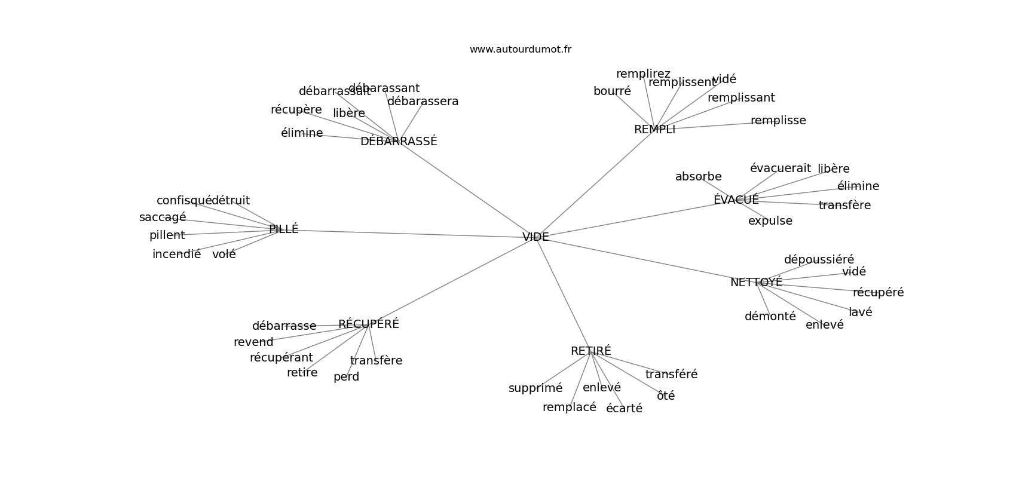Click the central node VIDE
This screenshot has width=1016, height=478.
535,237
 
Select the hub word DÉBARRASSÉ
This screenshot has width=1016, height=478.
399,142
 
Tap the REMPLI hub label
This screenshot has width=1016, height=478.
654,130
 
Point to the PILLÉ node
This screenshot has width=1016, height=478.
283,229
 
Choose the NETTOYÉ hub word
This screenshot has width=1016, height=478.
756,283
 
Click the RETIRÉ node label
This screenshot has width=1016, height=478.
590,351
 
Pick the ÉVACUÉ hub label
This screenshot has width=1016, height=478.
736,200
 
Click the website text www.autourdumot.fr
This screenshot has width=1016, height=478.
520,50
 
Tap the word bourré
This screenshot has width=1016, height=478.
612,91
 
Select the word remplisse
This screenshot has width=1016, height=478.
778,121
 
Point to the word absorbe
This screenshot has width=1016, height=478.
698,177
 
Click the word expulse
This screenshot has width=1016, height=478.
770,221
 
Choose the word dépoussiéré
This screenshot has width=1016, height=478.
819,260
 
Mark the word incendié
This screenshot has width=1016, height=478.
176,255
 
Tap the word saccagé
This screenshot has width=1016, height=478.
163,217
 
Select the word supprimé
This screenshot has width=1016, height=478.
535,388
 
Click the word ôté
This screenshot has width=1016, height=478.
665,396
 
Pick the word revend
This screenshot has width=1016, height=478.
253,342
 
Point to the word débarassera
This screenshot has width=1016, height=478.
423,102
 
